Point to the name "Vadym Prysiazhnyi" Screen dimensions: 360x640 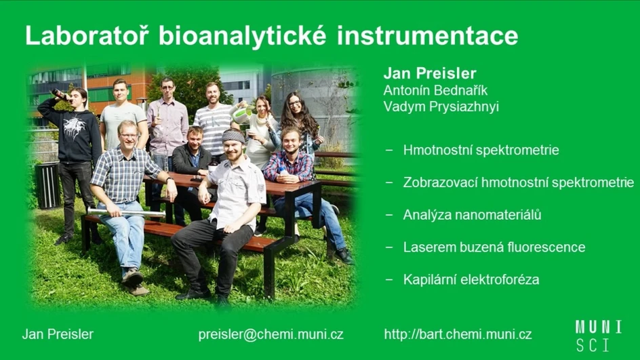coord(441,106)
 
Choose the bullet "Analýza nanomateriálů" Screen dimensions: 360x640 coord(472,215)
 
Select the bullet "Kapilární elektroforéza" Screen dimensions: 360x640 coord(471,279)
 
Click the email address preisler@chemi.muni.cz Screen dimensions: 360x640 coord(271,334)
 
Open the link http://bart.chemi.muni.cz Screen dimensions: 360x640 coord(458,334)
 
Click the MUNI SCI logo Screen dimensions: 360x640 coord(598,335)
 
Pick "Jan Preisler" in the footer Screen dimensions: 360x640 coord(58,334)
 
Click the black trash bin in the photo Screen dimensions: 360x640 coord(47,184)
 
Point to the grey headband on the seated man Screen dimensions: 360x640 coord(235,136)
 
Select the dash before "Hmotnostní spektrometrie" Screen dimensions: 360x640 coord(389,150)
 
